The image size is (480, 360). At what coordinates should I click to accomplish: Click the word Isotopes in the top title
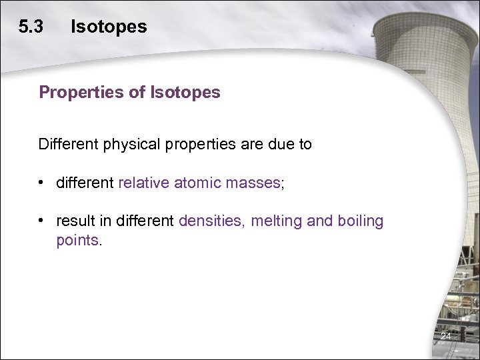coord(109,27)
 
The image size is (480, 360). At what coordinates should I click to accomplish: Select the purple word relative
coord(143,182)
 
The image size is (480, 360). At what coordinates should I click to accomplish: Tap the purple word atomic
coord(198,182)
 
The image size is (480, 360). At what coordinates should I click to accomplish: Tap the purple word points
coord(77,240)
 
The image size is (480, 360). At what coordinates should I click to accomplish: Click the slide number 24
coord(445,337)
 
